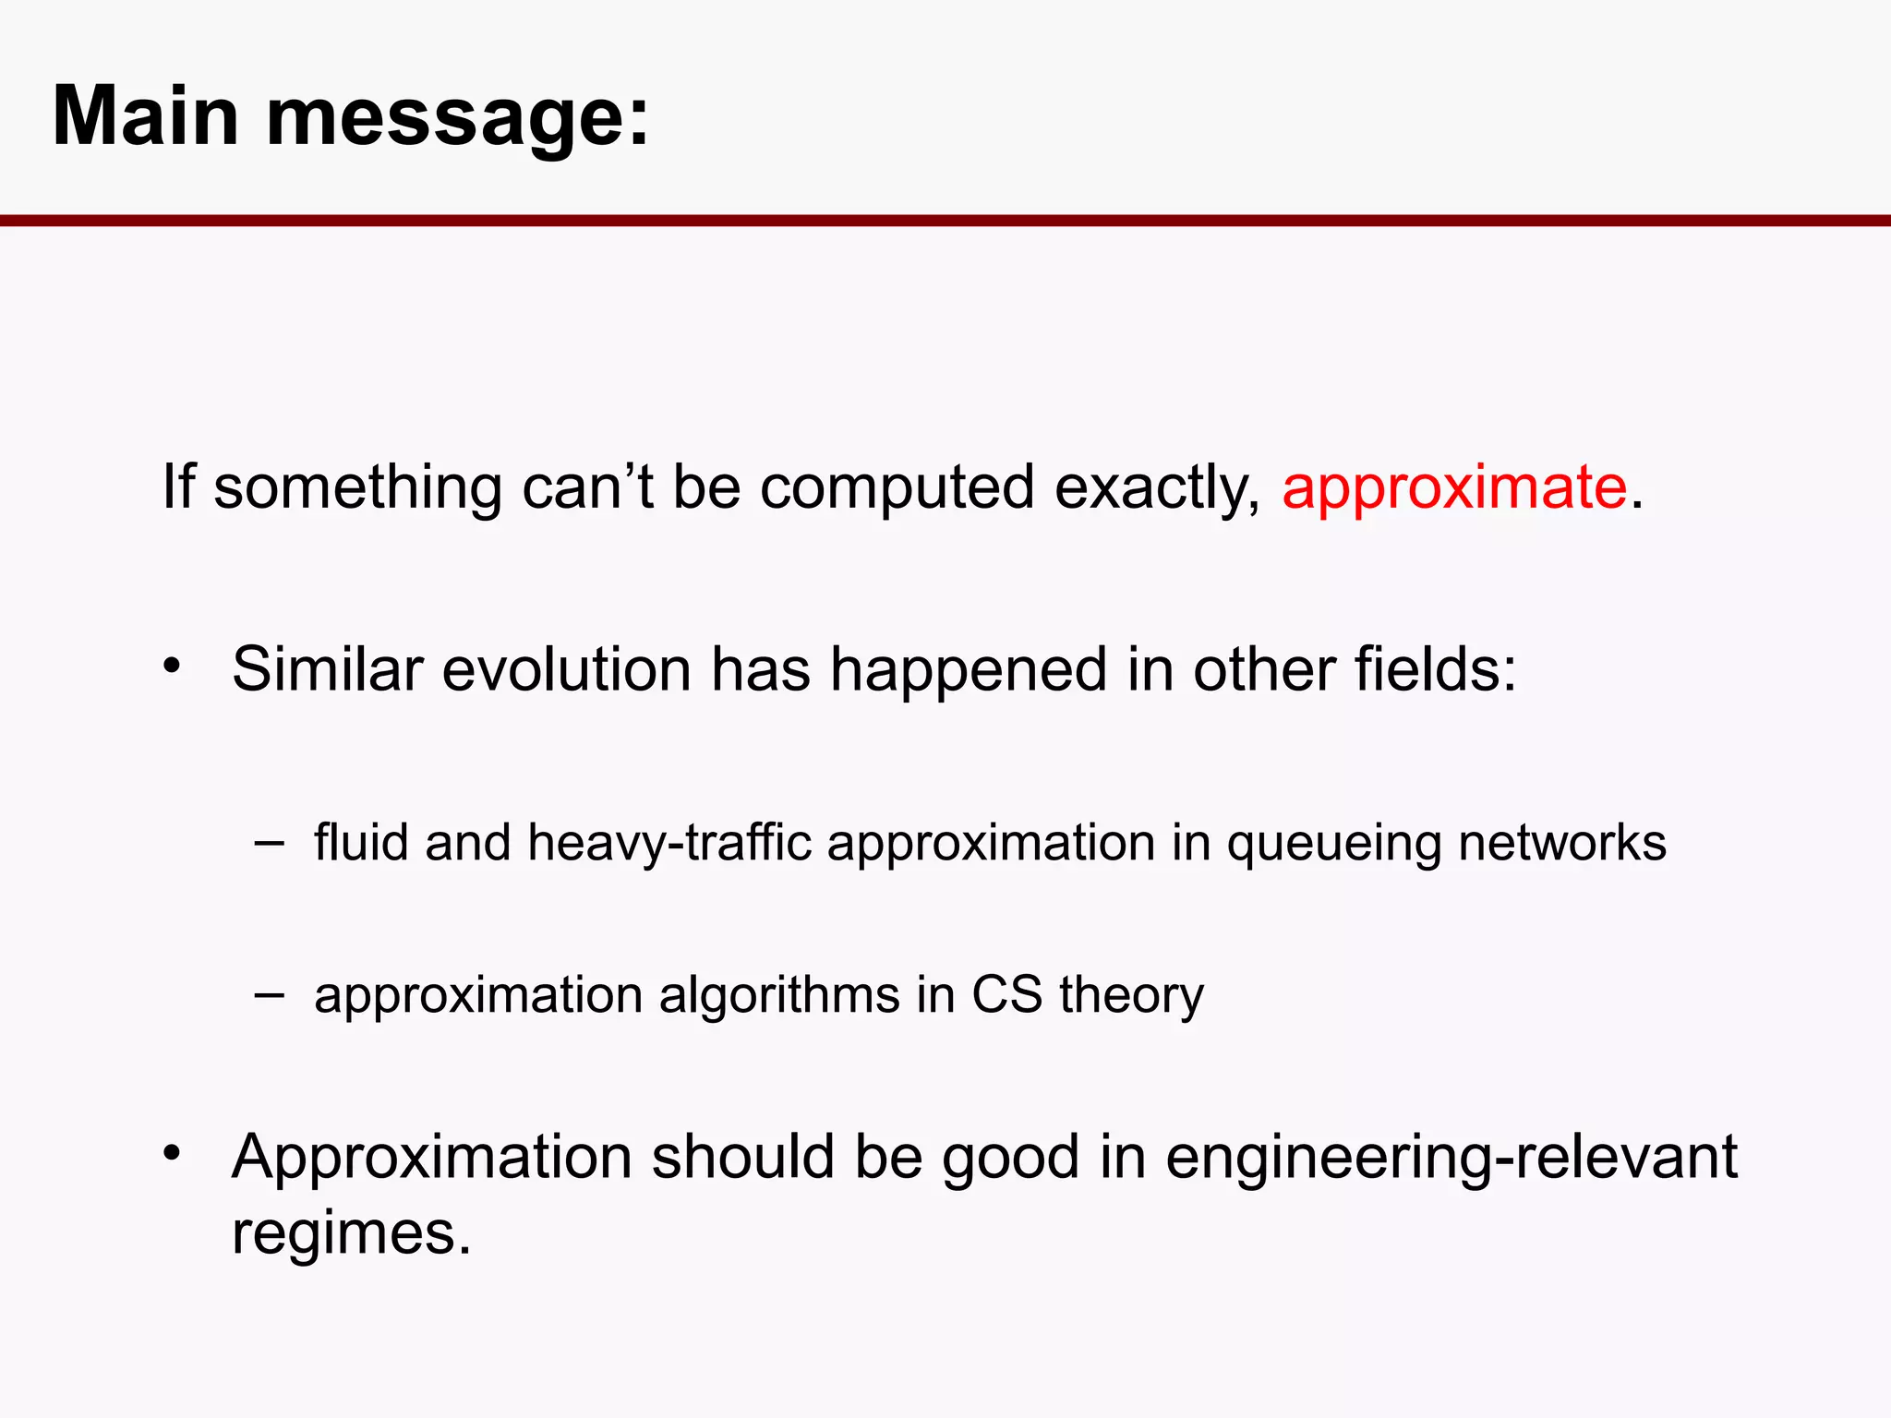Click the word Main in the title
[146, 116]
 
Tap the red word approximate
[1453, 489]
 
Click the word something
[357, 489]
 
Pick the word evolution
[566, 669]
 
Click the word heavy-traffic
[668, 844]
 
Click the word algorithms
[779, 996]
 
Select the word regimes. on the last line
[351, 1234]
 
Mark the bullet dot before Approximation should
[172, 1152]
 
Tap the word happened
[968, 671]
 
